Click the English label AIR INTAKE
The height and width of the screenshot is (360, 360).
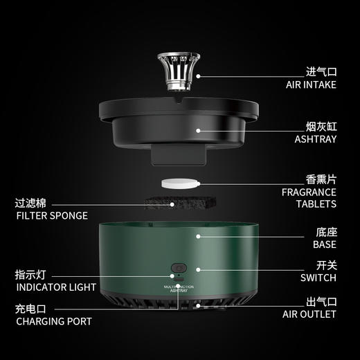click(311, 84)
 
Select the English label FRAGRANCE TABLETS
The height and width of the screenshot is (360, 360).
click(309, 198)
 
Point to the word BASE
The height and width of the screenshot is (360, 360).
click(324, 244)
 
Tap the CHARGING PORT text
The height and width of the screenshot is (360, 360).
click(53, 321)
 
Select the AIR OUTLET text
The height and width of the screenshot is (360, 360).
click(310, 314)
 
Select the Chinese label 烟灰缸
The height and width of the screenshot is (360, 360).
click(321, 126)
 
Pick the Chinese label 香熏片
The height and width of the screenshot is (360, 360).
click(321, 179)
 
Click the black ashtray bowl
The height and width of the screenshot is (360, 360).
click(180, 128)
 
